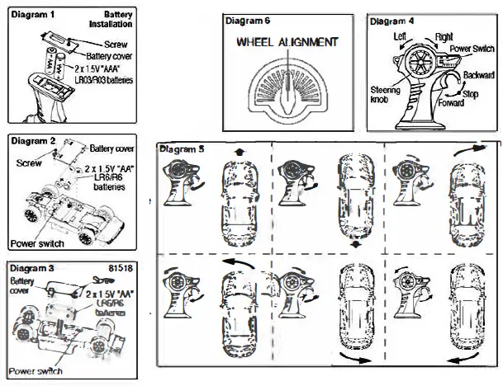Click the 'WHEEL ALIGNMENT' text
pos(287,41)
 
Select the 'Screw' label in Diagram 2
pos(28,162)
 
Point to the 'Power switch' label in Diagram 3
pos(36,371)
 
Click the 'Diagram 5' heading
pos(183,149)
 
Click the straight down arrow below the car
pos(354,244)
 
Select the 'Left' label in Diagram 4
pos(401,36)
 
